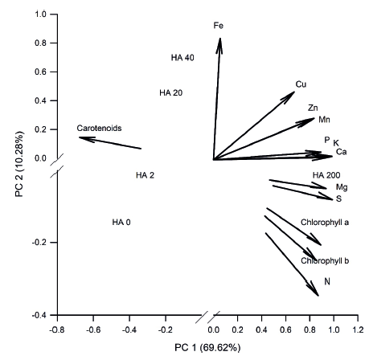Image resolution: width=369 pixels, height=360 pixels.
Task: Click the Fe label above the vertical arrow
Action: tap(218, 26)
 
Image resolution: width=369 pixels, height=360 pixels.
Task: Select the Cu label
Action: tap(301, 84)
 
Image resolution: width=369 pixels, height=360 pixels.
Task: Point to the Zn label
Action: tap(314, 108)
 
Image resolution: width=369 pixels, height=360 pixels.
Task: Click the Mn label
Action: tap(325, 119)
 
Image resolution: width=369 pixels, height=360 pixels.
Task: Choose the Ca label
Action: tap(341, 152)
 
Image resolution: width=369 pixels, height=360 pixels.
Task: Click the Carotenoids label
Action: tap(98, 128)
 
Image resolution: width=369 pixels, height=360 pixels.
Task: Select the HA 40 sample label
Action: tap(183, 58)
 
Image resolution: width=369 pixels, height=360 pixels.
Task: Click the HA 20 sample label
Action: tap(171, 93)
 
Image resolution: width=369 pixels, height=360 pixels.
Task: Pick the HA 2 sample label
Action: tap(145, 175)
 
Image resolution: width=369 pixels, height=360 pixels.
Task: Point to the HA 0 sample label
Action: tap(121, 223)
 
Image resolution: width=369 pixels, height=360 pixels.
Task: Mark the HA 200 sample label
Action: tap(327, 175)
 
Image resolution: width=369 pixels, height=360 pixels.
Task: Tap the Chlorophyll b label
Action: tap(325, 260)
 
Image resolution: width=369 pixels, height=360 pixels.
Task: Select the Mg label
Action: tap(342, 187)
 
